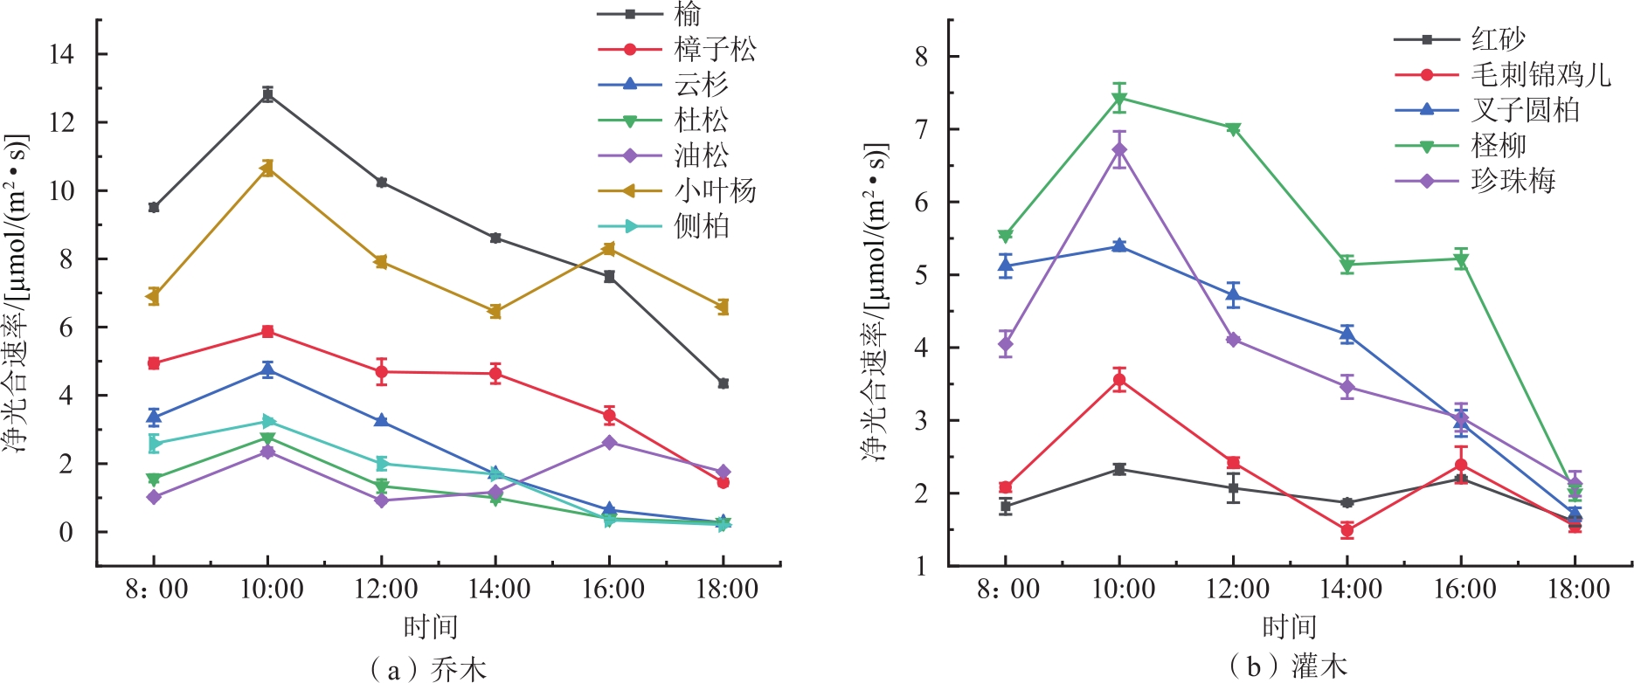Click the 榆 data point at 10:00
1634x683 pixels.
pyautogui.click(x=267, y=94)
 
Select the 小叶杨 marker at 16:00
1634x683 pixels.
pyautogui.click(x=609, y=250)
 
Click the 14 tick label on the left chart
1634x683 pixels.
pyautogui.click(x=61, y=54)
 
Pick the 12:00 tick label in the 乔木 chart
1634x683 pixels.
pyautogui.click(x=385, y=590)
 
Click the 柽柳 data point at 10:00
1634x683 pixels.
pyautogui.click(x=1119, y=98)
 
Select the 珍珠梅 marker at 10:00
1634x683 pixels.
pyautogui.click(x=1119, y=150)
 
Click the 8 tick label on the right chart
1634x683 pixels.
pyautogui.click(x=921, y=57)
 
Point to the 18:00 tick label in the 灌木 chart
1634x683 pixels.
pyautogui.click(x=1578, y=590)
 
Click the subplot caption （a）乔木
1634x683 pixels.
pyautogui.click(x=428, y=669)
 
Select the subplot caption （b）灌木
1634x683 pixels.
pyautogui.click(x=1288, y=667)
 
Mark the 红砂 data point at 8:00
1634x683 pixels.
pyautogui.click(x=1006, y=507)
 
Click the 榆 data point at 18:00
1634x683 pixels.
pyautogui.click(x=724, y=383)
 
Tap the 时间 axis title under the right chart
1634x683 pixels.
pyautogui.click(x=1288, y=626)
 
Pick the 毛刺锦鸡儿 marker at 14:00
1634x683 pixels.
pyautogui.click(x=1347, y=530)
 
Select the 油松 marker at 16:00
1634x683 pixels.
pyautogui.click(x=609, y=443)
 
